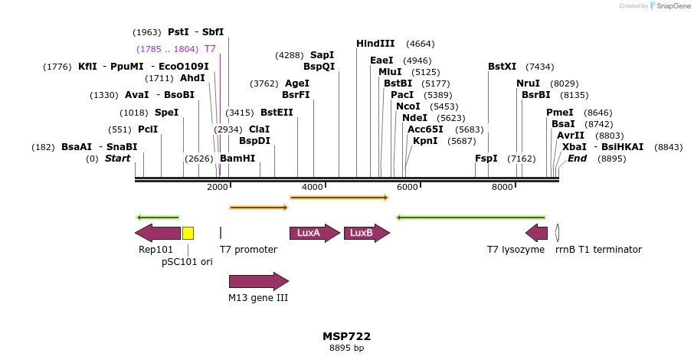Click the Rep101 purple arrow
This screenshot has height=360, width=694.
[x=157, y=233]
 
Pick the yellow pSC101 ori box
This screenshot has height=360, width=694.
[x=188, y=233]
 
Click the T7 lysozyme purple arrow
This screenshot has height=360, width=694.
[x=536, y=233]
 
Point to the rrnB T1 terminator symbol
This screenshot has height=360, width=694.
[x=558, y=233]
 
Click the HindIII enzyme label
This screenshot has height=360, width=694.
[x=375, y=44]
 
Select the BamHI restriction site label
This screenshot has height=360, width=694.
[x=237, y=159]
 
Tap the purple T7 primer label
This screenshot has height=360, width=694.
[x=210, y=48]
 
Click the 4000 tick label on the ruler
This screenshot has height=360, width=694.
[x=313, y=187]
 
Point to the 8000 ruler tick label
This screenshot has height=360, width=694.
[x=502, y=187]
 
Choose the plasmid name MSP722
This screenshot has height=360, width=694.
[x=347, y=336]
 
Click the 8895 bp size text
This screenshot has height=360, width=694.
[x=347, y=348]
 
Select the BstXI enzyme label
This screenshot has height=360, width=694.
[x=502, y=67]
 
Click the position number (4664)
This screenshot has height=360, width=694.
[x=420, y=44]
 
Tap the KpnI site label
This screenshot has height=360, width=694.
[x=425, y=140]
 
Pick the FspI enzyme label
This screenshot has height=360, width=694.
[x=486, y=159]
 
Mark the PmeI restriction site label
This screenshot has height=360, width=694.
[x=560, y=112]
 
